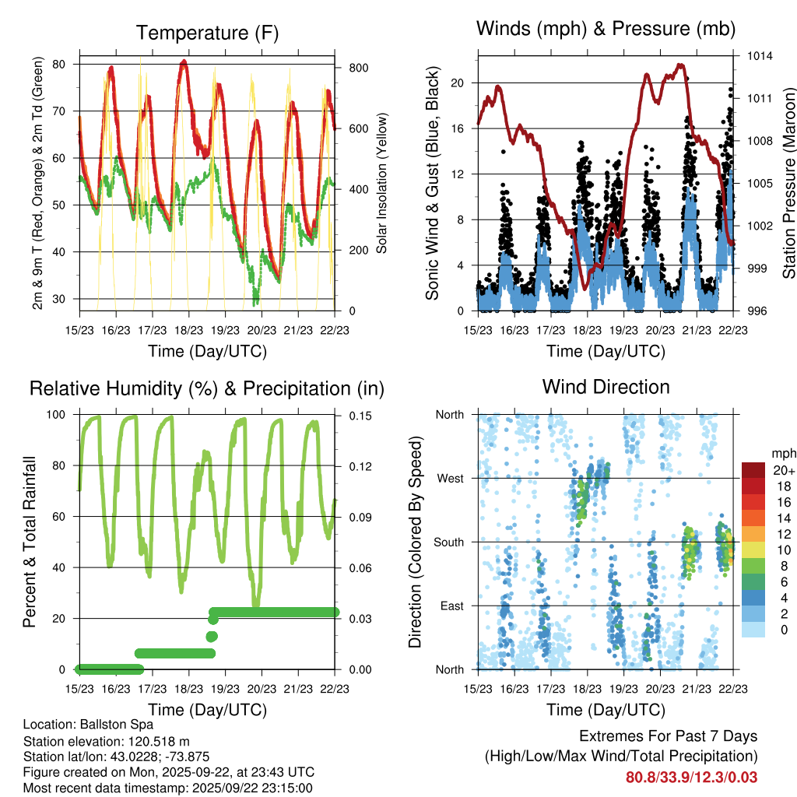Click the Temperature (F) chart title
click(x=206, y=33)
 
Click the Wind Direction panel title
click(x=606, y=387)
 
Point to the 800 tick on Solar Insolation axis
click(x=358, y=68)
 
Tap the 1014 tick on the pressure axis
click(x=760, y=56)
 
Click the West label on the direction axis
click(x=449, y=478)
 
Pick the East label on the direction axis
click(x=451, y=606)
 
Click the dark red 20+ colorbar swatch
click(x=753, y=470)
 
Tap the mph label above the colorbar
click(x=782, y=453)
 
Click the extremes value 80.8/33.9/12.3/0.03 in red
click(x=691, y=778)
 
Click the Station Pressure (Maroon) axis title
click(x=788, y=183)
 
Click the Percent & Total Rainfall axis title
click(x=29, y=542)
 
